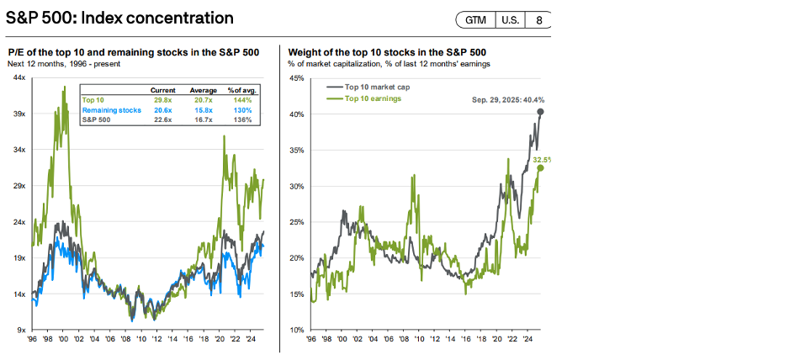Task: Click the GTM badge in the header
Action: (477, 19)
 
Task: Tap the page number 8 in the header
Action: (538, 19)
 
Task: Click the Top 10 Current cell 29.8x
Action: (162, 98)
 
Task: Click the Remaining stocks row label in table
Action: (110, 109)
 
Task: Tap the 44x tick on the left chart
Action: (21, 78)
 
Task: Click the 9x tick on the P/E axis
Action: (23, 330)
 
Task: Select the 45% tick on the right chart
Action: (297, 78)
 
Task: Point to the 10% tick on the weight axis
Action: (297, 330)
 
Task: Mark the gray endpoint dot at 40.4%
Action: (540, 112)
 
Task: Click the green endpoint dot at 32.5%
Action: (540, 168)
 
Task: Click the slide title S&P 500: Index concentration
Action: (120, 19)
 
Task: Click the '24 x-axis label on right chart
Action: (527, 339)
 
